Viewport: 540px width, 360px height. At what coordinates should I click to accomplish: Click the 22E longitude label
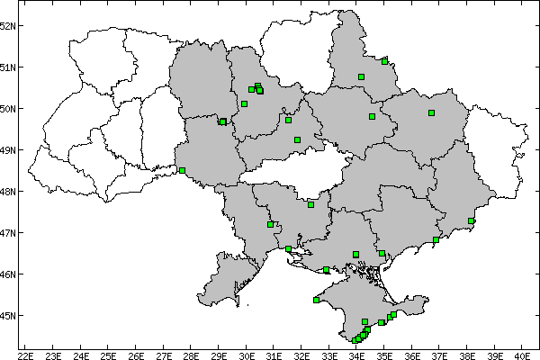(24, 354)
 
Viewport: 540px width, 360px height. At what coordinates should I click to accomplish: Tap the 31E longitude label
(274, 354)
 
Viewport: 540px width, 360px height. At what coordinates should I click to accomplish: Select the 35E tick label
(384, 354)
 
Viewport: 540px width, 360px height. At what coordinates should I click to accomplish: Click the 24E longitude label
(80, 354)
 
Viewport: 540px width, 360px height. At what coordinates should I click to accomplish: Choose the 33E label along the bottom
(329, 354)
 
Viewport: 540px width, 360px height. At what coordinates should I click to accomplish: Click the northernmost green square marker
(384, 61)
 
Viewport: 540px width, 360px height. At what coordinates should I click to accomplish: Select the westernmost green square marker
(182, 170)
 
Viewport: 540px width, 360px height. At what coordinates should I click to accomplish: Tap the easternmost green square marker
(471, 220)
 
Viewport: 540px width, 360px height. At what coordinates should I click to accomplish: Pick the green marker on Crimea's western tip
(316, 301)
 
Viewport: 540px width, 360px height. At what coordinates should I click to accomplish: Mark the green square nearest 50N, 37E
(431, 112)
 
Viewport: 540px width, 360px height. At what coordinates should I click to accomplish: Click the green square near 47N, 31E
(270, 224)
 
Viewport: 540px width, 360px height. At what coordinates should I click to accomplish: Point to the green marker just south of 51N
(361, 76)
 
